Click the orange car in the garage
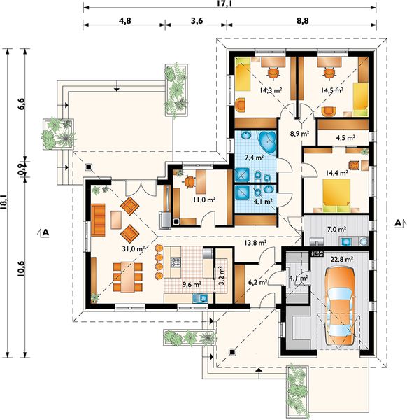(339, 307)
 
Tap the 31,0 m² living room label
(134, 248)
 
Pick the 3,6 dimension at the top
(197, 20)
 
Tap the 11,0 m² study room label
(204, 199)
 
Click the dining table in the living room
(128, 277)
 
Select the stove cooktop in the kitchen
(176, 262)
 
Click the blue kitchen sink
(200, 298)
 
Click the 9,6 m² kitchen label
(192, 284)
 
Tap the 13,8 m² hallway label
(255, 243)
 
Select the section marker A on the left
(45, 232)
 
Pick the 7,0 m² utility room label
(337, 229)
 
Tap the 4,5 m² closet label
(345, 138)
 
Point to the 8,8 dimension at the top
(302, 20)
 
